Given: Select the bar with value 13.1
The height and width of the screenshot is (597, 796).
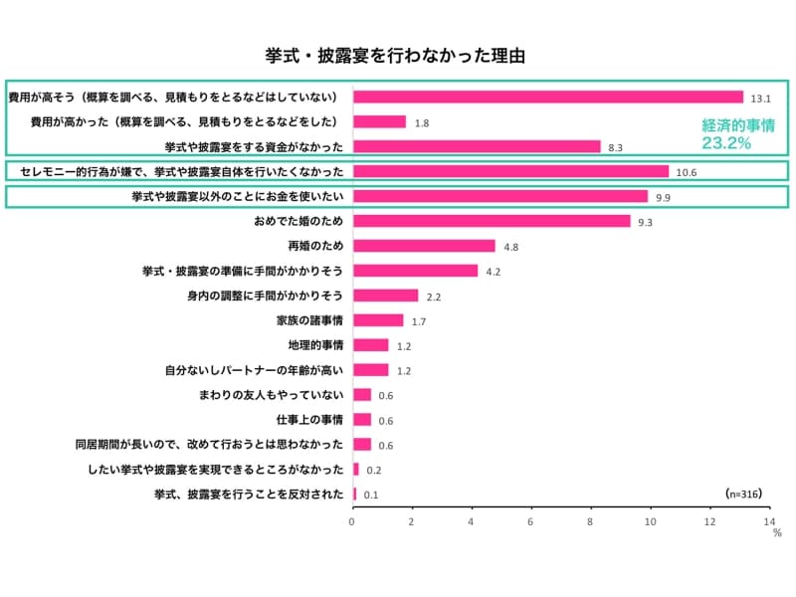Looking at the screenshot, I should [547, 98].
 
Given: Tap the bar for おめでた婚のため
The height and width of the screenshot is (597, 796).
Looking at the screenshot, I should [492, 221].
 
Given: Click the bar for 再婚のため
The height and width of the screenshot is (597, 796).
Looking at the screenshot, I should [424, 246].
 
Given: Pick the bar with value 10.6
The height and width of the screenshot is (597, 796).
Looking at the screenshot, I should [510, 171].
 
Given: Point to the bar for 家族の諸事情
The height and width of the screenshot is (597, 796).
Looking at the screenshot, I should [378, 320].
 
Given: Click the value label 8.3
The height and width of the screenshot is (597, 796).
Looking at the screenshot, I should [615, 147].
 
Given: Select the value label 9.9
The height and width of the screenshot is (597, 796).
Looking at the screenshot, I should [663, 197].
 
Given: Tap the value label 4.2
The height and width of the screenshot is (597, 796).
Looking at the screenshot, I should [493, 272].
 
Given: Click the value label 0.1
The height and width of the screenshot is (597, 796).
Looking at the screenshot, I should [370, 495].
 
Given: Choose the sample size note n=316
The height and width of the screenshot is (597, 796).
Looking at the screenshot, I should [746, 493].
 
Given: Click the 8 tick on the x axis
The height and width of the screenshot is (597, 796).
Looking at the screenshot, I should [591, 520].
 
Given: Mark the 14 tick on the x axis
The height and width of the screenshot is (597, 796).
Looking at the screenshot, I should [769, 520].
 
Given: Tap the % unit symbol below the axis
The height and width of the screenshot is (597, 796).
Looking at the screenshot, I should [777, 533].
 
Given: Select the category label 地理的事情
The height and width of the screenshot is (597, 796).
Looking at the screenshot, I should [315, 345].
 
